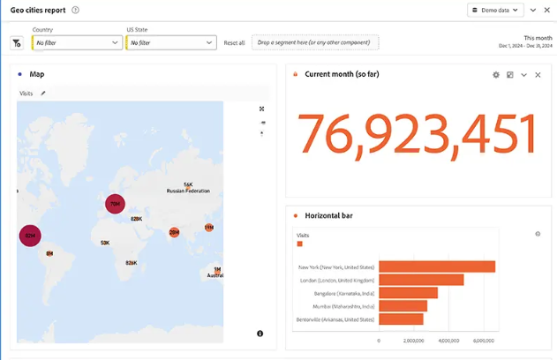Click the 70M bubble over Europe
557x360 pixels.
click(115, 204)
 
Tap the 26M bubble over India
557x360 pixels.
click(174, 232)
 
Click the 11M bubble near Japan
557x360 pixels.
click(209, 228)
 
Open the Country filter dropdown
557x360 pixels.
click(78, 42)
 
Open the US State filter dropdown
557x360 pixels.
click(171, 42)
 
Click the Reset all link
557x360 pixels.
click(234, 42)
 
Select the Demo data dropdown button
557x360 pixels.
click(496, 11)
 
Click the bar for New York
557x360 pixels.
click(436, 266)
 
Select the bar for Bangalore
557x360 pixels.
click(408, 293)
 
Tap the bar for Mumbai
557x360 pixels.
click(403, 305)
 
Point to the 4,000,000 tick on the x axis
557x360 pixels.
click(448, 341)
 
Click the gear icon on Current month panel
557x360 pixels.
click(496, 75)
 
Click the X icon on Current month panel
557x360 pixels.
click(538, 75)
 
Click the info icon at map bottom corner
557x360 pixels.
click(260, 334)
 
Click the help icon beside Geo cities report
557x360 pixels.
click(75, 11)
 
